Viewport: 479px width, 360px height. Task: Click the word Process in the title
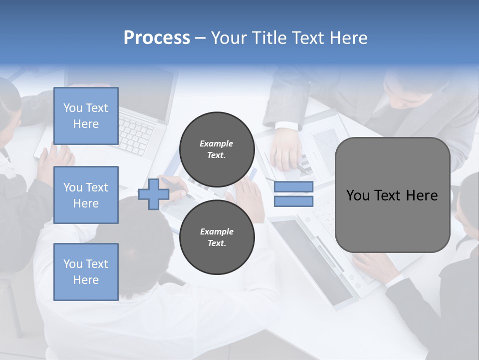157,38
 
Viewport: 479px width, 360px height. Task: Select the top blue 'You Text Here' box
86,116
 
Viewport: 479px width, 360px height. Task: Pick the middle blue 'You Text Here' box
86,195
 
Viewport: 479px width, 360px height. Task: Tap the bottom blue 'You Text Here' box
86,272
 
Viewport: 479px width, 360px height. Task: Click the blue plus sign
153,194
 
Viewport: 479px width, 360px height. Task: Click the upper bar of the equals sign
293,186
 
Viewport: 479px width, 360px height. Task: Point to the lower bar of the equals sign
293,201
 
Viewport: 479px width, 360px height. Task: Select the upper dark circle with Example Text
217,149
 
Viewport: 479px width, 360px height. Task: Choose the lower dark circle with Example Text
217,237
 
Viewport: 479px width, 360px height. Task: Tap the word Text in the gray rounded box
390,195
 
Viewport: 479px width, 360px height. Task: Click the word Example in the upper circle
216,143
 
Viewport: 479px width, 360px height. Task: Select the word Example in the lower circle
216,231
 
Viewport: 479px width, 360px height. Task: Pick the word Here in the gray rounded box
422,195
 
